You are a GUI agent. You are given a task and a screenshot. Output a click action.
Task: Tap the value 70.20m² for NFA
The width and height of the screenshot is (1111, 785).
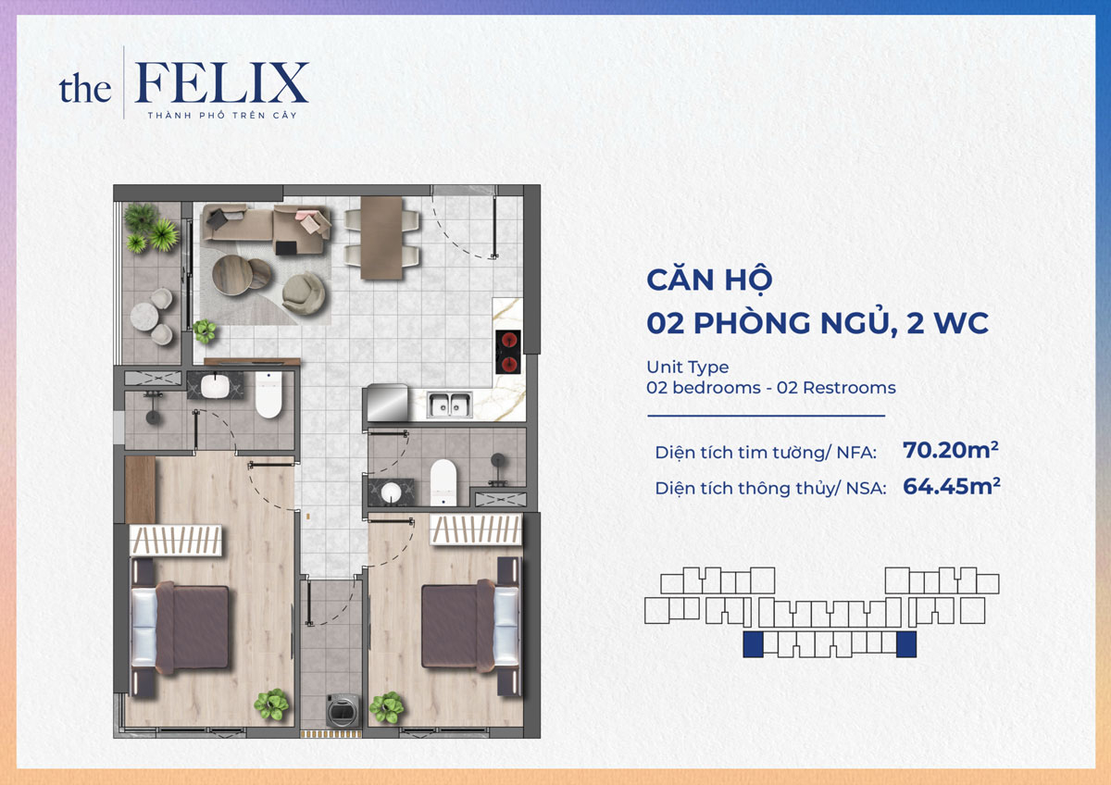pyautogui.click(x=950, y=451)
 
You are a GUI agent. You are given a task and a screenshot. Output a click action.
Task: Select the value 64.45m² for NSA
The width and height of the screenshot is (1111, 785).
pyautogui.click(x=950, y=486)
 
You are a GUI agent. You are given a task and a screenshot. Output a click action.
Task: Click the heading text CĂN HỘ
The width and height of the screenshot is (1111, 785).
pyautogui.click(x=709, y=280)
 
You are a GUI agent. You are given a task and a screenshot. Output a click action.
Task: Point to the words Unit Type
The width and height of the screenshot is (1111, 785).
pyautogui.click(x=687, y=368)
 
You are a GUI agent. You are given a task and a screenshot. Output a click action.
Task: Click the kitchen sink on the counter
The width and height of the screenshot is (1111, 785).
pyautogui.click(x=449, y=404)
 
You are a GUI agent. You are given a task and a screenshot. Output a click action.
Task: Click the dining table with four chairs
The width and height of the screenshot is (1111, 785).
pyautogui.click(x=381, y=237)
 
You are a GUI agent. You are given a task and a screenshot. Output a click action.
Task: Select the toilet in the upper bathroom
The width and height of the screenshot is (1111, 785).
pyautogui.click(x=268, y=395)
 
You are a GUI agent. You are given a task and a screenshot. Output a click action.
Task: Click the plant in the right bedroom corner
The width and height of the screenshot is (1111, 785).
pyautogui.click(x=386, y=708)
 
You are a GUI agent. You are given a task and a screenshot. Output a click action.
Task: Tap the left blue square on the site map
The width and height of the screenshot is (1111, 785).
pyautogui.click(x=753, y=645)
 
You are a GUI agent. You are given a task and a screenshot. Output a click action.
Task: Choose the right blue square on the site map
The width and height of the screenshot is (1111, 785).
pyautogui.click(x=906, y=645)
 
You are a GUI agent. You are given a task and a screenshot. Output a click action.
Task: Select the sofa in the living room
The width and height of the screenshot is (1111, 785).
pyautogui.click(x=267, y=226)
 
